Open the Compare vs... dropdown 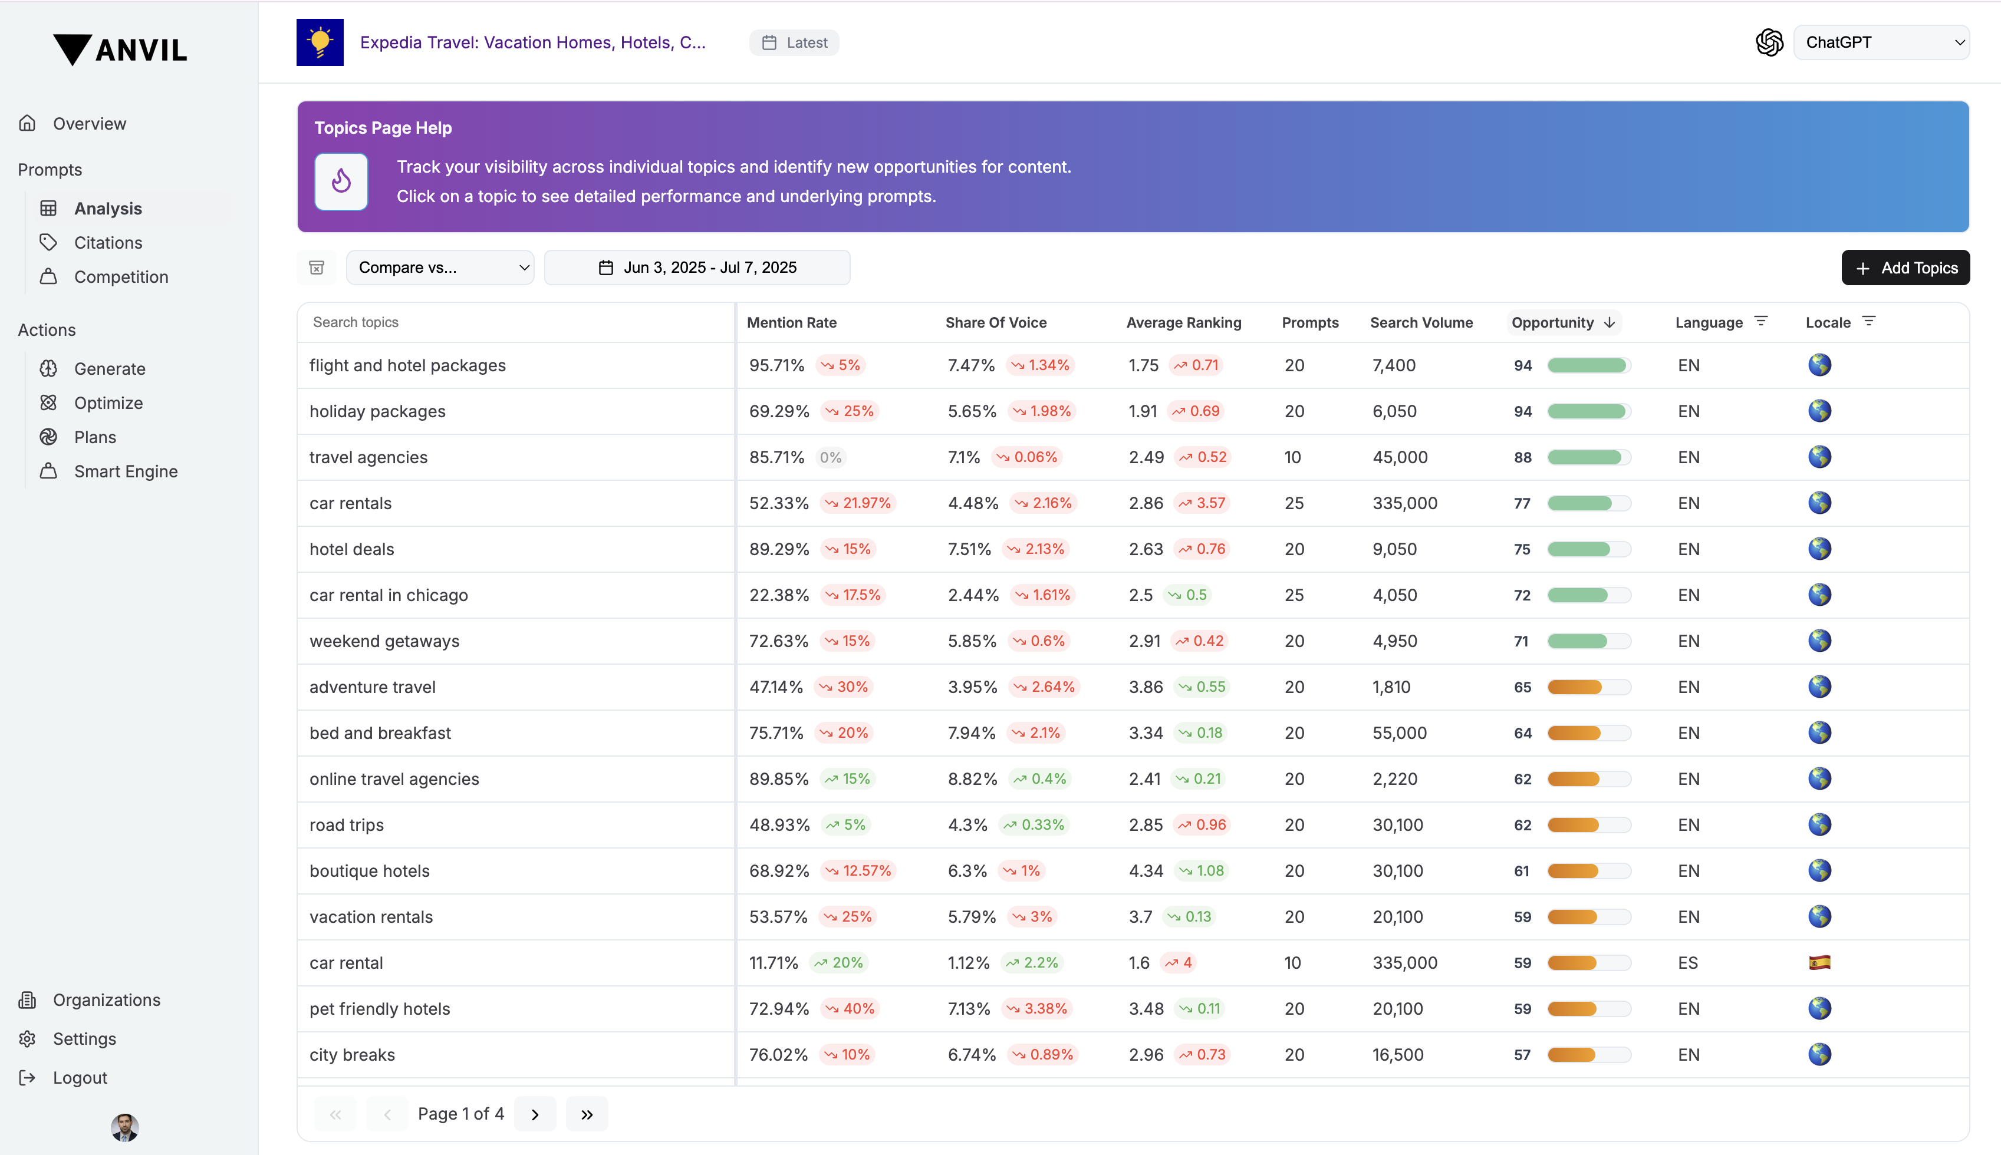(x=440, y=268)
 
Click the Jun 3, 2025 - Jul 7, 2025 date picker (x=697, y=268)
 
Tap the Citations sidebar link (x=108, y=243)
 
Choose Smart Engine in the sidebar (x=126, y=471)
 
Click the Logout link (x=80, y=1077)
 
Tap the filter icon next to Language (x=1760, y=321)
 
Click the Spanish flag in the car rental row (x=1819, y=962)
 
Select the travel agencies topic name (x=368, y=457)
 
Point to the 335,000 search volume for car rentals (x=1405, y=503)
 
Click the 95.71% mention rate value (x=776, y=365)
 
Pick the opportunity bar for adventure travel (x=1588, y=687)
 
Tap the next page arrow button (x=535, y=1114)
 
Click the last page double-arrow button (x=587, y=1114)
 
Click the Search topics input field (x=516, y=322)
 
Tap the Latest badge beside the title (x=794, y=43)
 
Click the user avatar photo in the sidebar (x=124, y=1127)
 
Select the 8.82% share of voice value (x=973, y=779)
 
